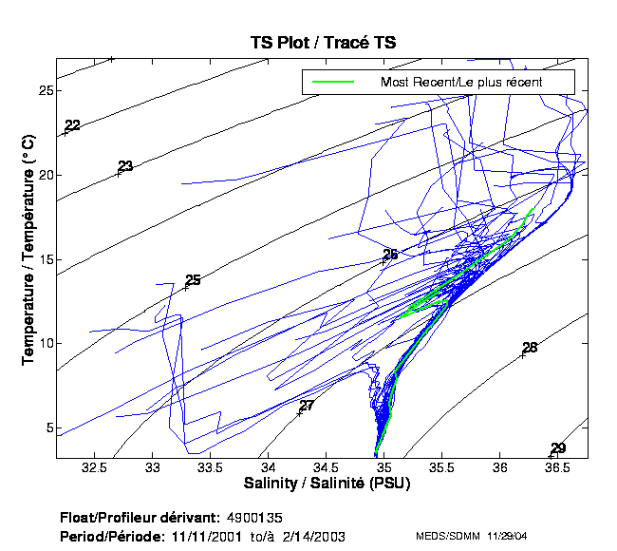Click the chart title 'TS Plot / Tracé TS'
[322, 43]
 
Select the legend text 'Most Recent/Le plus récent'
[461, 82]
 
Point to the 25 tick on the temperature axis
[45, 91]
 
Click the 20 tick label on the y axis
[45, 175]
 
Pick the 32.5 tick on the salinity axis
[94, 468]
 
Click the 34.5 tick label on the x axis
[327, 468]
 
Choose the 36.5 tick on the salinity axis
[558, 468]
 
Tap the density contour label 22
[73, 125]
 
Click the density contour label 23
[125, 166]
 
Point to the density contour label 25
[194, 280]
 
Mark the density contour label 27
[307, 406]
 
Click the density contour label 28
[530, 348]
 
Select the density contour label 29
[558, 448]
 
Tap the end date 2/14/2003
[312, 537]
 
